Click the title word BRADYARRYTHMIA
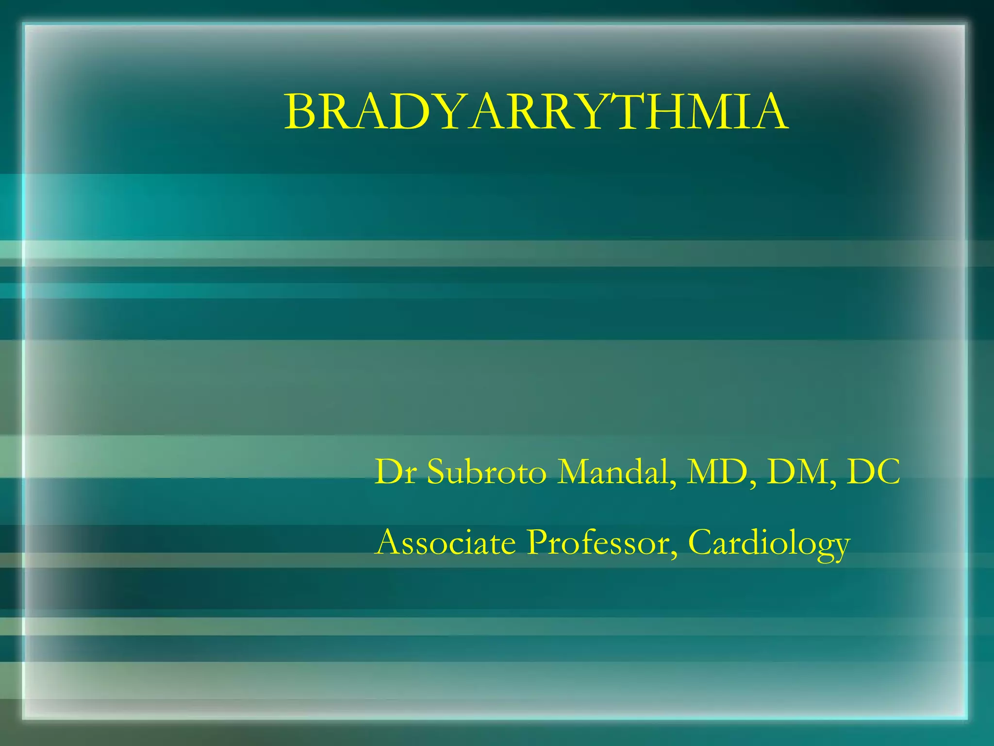536,113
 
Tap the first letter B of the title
300,113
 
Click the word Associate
446,543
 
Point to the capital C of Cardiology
701,543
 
